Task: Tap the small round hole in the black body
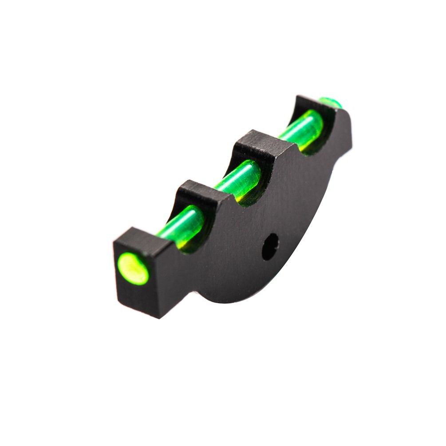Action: [270, 247]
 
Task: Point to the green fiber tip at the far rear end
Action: [330, 103]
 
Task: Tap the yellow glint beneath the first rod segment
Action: [184, 242]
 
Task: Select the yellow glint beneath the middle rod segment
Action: [242, 195]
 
